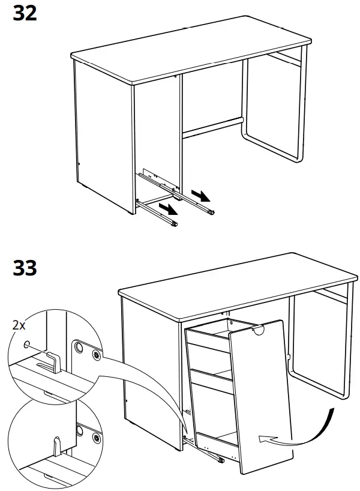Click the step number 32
[25, 13]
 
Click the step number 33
[25, 268]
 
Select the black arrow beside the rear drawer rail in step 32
[201, 195]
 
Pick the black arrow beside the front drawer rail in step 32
[169, 208]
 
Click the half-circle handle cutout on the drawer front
[260, 330]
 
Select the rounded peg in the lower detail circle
[56, 444]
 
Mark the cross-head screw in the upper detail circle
[95, 355]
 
